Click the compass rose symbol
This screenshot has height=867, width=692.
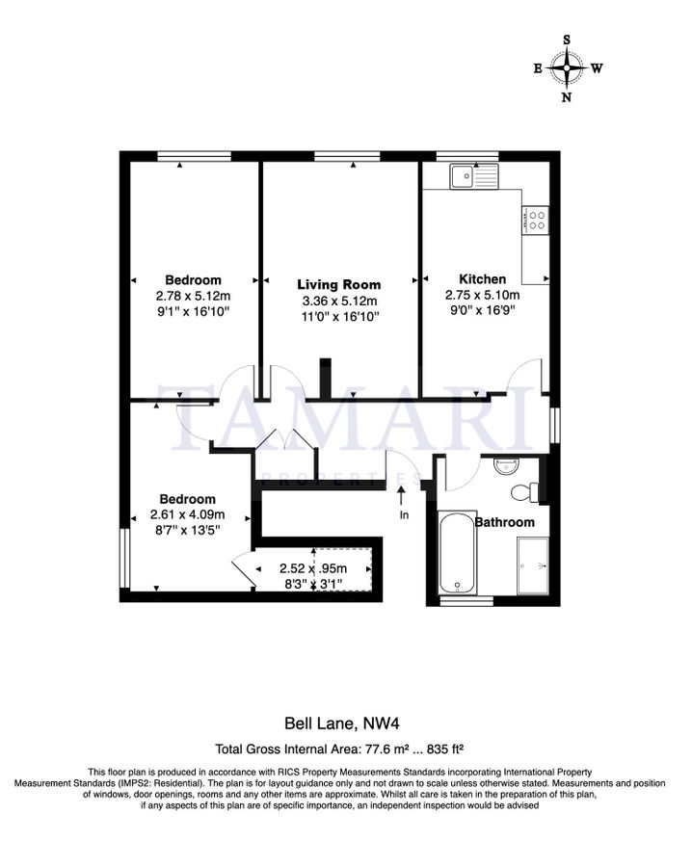click(x=567, y=68)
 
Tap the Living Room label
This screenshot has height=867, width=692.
click(x=338, y=284)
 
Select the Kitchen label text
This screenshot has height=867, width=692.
click(x=482, y=279)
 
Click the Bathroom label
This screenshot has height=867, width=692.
click(x=504, y=522)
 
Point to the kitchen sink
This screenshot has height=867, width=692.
click(x=471, y=175)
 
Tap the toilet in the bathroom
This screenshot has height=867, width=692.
click(x=523, y=493)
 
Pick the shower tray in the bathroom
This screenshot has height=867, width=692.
click(x=533, y=565)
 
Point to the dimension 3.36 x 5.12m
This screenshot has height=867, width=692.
click(x=338, y=301)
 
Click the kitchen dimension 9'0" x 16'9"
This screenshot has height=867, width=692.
click(x=482, y=311)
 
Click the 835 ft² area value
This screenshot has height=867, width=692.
click(x=446, y=748)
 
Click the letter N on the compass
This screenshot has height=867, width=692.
click(x=567, y=96)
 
